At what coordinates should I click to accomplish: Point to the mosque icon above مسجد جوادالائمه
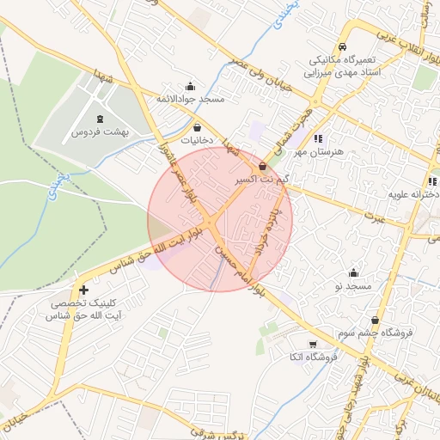click(x=190, y=86)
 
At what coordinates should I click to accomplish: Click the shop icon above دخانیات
click(x=198, y=127)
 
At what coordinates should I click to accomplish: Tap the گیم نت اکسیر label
click(x=262, y=180)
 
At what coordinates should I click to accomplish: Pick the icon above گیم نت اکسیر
click(x=262, y=166)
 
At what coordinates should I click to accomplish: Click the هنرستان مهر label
click(x=318, y=151)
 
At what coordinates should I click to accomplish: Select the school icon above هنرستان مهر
click(x=318, y=137)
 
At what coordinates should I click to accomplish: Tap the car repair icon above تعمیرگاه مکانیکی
click(x=342, y=47)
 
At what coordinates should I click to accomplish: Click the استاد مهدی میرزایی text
click(x=345, y=74)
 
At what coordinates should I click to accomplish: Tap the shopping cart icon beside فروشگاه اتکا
click(x=276, y=355)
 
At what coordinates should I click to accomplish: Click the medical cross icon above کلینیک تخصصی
click(x=82, y=290)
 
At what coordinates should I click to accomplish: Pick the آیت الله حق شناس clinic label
click(x=82, y=316)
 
